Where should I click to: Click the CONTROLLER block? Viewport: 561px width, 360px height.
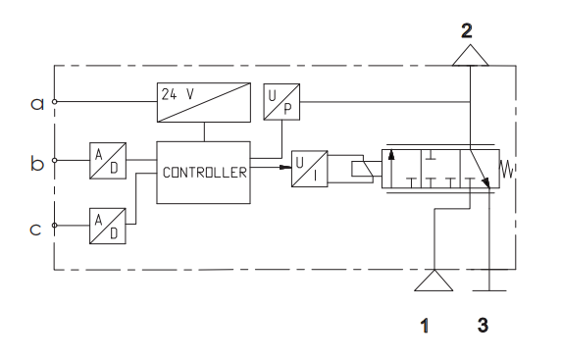203,173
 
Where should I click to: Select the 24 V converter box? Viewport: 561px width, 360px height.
204,102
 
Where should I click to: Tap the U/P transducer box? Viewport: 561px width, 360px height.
281,102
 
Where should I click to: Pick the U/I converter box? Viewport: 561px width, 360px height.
310,169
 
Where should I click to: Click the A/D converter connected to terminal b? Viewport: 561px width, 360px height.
108,161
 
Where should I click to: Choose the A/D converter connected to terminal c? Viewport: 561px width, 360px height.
108,226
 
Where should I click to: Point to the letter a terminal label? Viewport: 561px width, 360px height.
37,104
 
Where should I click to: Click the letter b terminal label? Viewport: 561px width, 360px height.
37,164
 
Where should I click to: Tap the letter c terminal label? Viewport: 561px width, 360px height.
35,229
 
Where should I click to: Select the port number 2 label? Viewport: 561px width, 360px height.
467,30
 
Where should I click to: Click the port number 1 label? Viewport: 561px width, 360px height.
425,326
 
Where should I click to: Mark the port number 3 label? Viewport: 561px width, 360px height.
483,326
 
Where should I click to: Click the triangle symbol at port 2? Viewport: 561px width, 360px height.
470,56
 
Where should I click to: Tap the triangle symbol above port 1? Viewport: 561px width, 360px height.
433,281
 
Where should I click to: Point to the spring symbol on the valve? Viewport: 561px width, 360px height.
507,169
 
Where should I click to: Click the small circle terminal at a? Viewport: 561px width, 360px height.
54,102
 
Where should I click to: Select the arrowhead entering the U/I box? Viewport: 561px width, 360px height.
285,167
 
